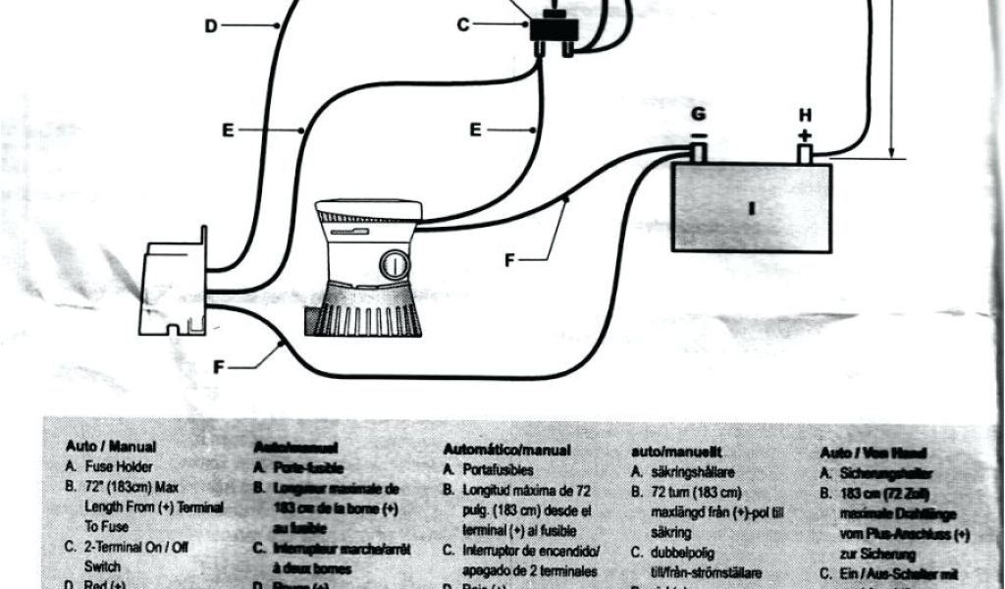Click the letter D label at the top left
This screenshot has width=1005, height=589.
tap(211, 27)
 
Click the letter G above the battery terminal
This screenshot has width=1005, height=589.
tap(698, 114)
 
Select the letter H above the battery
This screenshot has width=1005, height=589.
tap(806, 114)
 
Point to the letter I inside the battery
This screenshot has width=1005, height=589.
tap(751, 208)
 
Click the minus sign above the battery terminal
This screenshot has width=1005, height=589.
tap(698, 134)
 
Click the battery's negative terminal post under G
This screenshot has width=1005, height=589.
tap(698, 154)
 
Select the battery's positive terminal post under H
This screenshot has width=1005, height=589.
tap(806, 154)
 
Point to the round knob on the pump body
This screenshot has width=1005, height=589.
tap(393, 265)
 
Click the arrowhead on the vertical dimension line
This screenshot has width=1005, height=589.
tap(891, 149)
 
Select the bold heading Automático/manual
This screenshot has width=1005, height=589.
tap(505, 450)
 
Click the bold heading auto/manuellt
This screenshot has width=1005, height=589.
tap(675, 452)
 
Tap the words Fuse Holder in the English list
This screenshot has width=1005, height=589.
tap(119, 468)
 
